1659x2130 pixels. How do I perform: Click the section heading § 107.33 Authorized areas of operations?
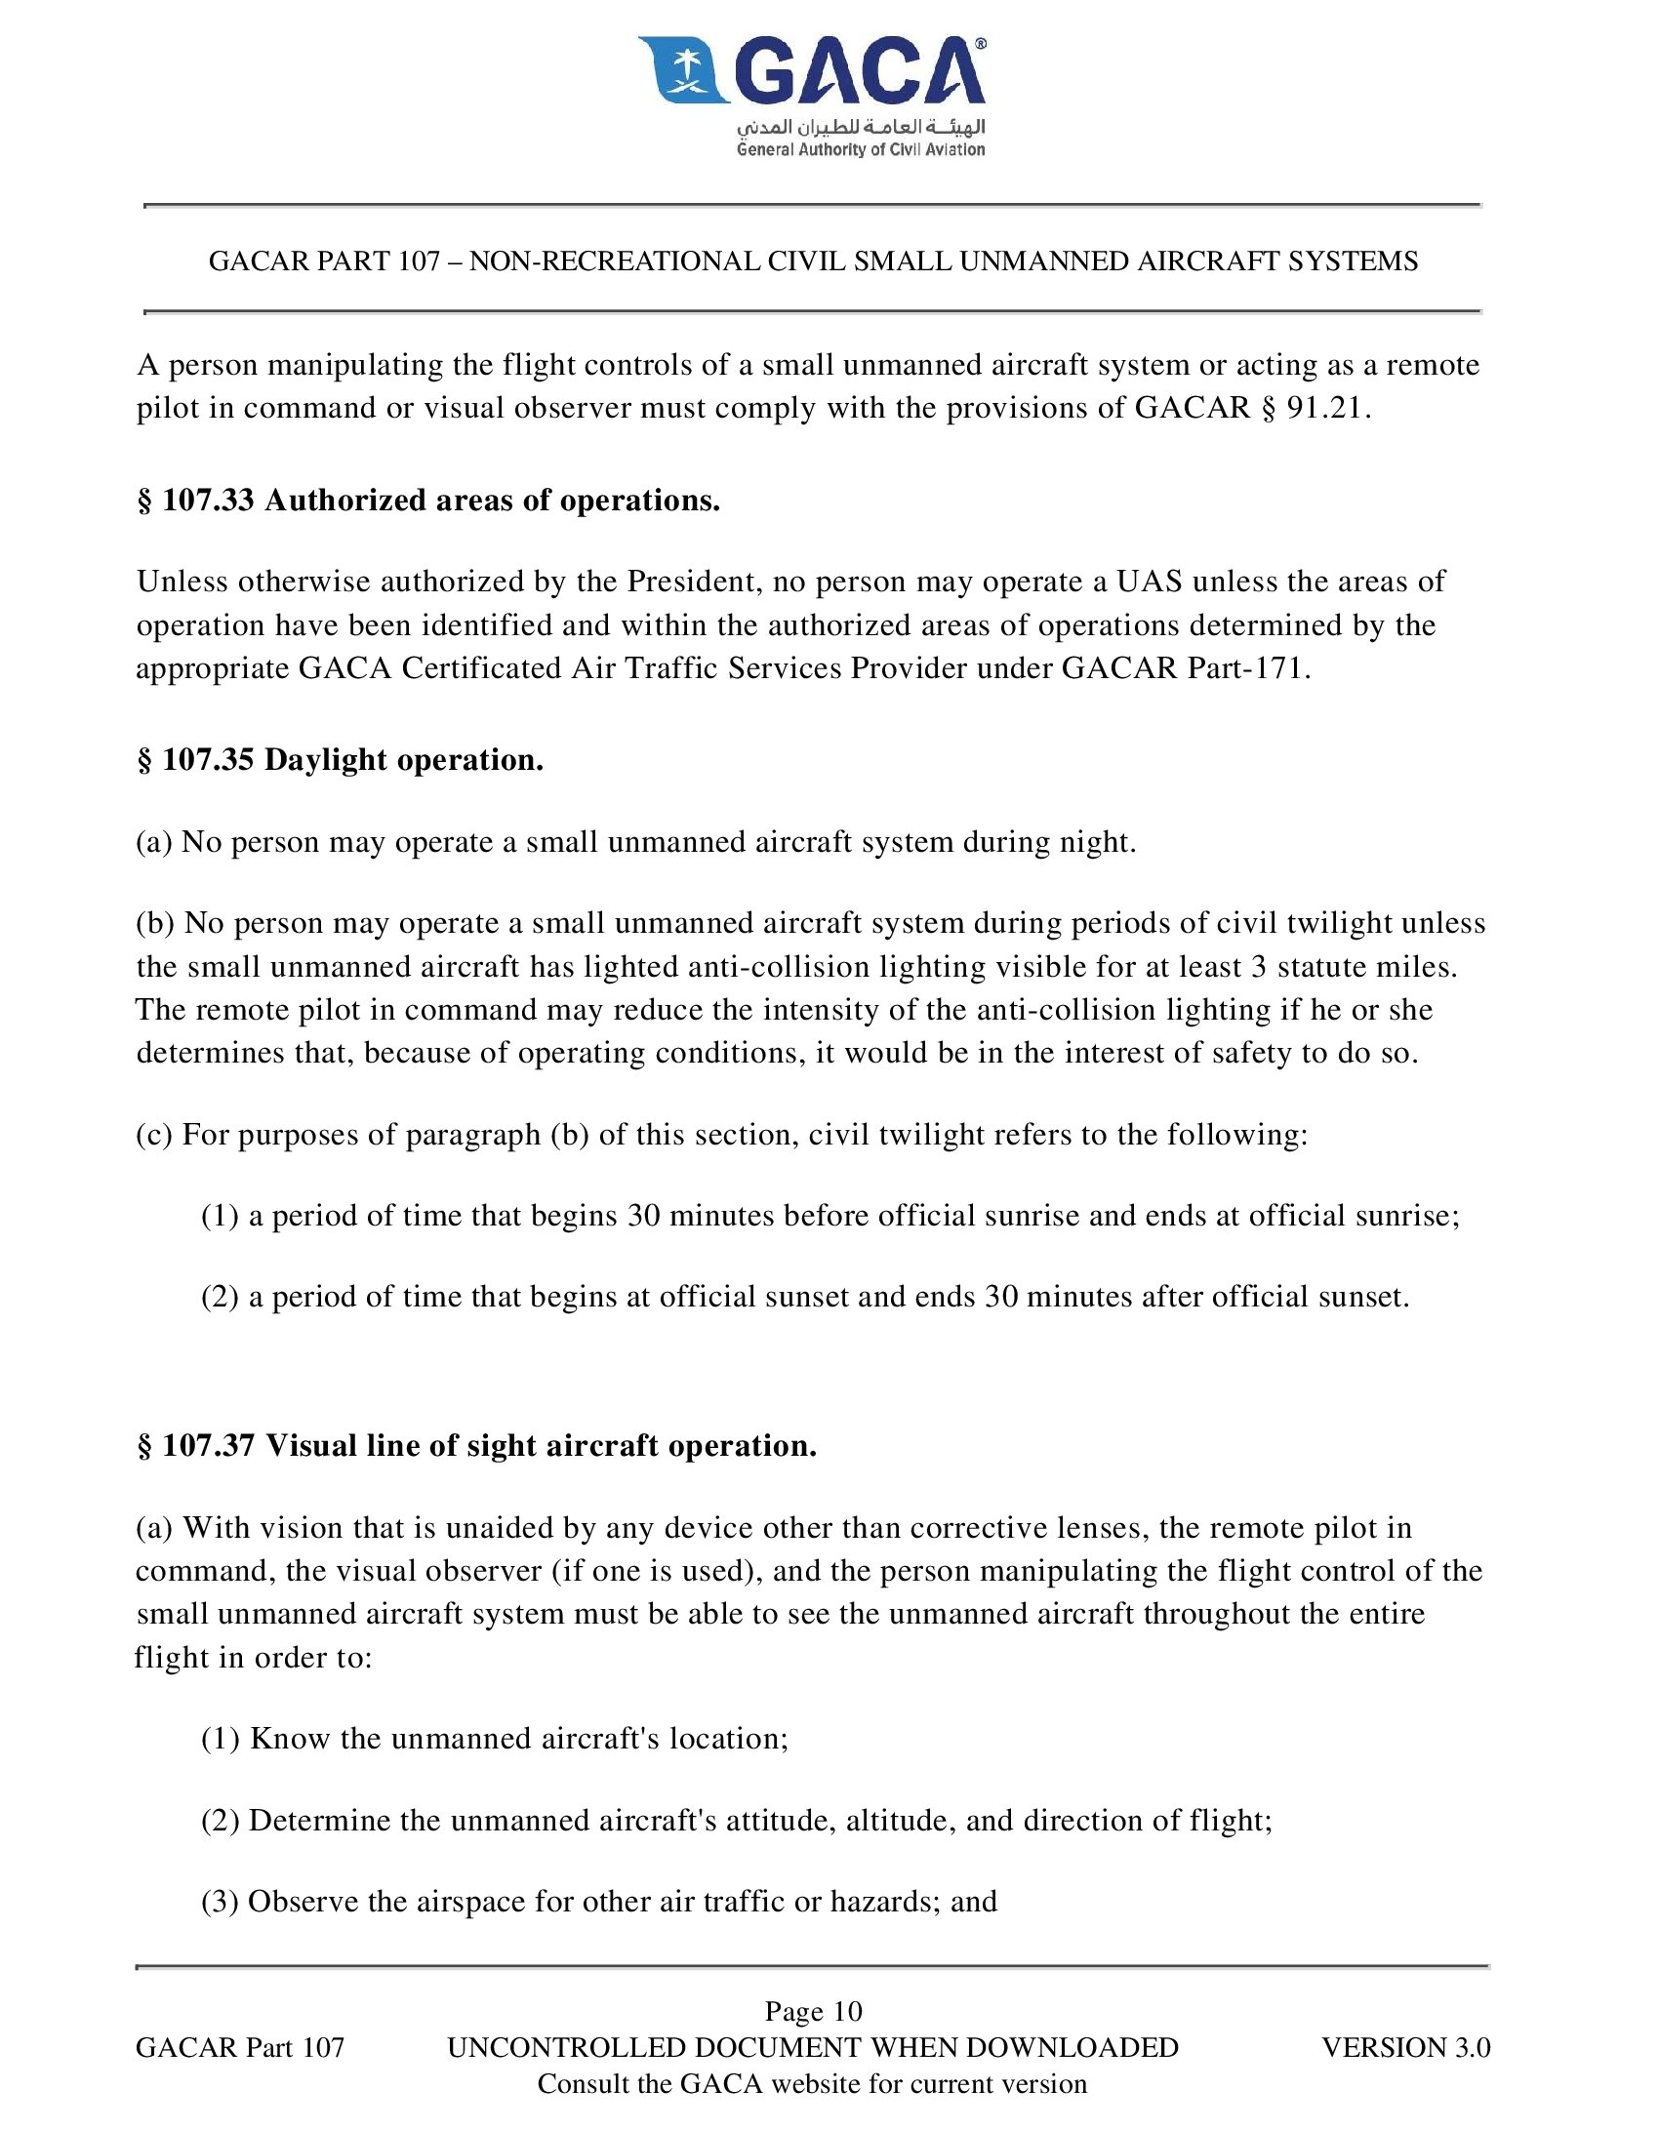pos(428,501)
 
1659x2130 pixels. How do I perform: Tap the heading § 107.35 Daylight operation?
pos(341,760)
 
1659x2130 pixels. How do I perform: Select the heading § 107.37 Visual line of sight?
pos(477,1446)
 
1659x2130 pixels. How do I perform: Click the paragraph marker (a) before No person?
pos(154,842)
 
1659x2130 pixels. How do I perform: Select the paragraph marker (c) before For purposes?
pos(154,1135)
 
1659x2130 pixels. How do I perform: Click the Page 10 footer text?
pos(813,2011)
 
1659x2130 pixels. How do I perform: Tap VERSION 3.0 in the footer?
pos(1405,2047)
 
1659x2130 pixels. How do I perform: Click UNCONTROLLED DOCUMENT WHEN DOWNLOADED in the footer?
pos(813,2047)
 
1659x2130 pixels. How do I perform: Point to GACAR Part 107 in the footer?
pos(240,2047)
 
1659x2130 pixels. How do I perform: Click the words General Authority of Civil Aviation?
pos(861,150)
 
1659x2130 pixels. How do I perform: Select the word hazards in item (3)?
pos(884,1902)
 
